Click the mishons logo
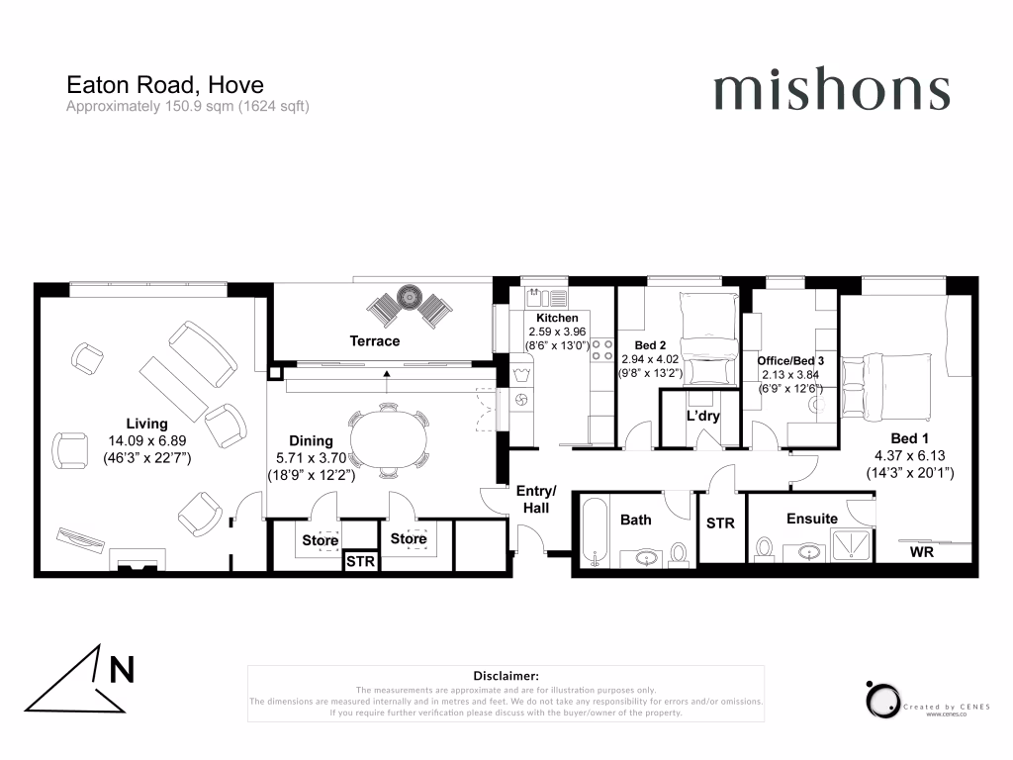pyautogui.click(x=831, y=91)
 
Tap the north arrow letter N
pyautogui.click(x=122, y=670)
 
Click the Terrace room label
pyautogui.click(x=375, y=341)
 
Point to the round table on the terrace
pyautogui.click(x=408, y=296)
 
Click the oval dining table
pyautogui.click(x=393, y=439)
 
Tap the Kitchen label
pyautogui.click(x=550, y=318)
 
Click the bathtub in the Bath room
pyautogui.click(x=595, y=531)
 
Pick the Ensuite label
pyautogui.click(x=812, y=519)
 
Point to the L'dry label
pyautogui.click(x=702, y=416)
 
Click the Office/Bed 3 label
pyautogui.click(x=790, y=361)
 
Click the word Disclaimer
pyautogui.click(x=506, y=675)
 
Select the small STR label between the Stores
pyautogui.click(x=360, y=562)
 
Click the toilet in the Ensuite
pyautogui.click(x=764, y=547)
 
